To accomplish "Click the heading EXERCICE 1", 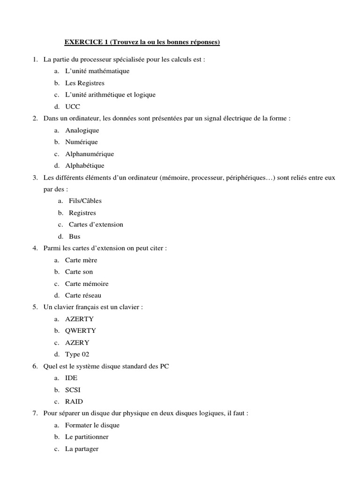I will [142, 43].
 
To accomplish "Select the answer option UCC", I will [73, 106].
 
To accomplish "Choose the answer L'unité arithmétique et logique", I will [110, 95].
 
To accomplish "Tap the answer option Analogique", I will [82, 130].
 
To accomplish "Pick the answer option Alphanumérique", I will [89, 154].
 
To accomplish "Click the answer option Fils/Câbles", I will [85, 201].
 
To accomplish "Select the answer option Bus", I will [75, 236].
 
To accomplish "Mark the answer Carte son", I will [79, 272].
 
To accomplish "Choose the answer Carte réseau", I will [83, 295].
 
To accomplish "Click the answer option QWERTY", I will [81, 330].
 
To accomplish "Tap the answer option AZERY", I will [77, 342].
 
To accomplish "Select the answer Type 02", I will [77, 354].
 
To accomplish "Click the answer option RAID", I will [74, 401].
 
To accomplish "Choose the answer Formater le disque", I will [92, 425].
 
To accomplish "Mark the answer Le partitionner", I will [87, 437].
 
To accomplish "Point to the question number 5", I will [35, 307].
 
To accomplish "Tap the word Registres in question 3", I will [82, 213].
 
